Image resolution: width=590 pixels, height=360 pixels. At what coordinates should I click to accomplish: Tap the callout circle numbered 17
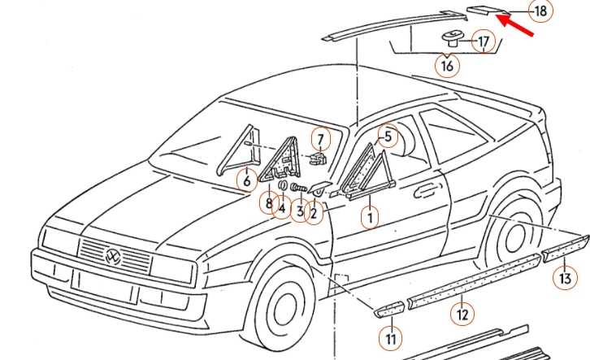(x=483, y=41)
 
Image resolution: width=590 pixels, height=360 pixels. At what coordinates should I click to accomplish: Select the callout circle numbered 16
(x=446, y=65)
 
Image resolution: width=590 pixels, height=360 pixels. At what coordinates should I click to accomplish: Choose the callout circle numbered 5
(x=388, y=137)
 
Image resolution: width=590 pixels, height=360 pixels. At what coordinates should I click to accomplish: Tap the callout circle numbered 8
(x=267, y=202)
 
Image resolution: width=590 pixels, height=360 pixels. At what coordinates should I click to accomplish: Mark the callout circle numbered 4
(x=281, y=209)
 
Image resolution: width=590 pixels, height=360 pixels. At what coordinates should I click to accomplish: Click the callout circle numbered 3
(x=299, y=212)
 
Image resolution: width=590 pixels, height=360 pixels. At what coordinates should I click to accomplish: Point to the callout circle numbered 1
(x=371, y=217)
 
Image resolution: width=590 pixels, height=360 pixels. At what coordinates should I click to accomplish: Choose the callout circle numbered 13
(x=563, y=280)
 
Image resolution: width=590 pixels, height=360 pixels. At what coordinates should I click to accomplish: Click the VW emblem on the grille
(x=114, y=258)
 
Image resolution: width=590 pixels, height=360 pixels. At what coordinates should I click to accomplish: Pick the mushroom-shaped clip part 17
(x=451, y=36)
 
